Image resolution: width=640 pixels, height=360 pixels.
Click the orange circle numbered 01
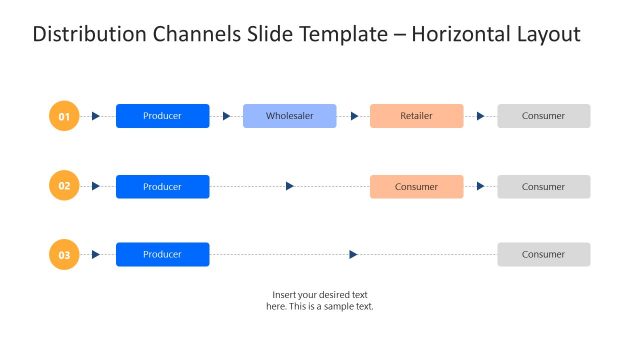pyautogui.click(x=64, y=116)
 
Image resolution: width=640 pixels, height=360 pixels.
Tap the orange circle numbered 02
pyautogui.click(x=64, y=186)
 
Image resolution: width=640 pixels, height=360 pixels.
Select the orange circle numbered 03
pyautogui.click(x=64, y=255)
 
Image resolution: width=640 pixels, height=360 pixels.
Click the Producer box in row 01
pyautogui.click(x=162, y=116)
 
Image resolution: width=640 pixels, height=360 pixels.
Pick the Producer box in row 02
pyautogui.click(x=162, y=187)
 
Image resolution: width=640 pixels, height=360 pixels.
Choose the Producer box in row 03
pyautogui.click(x=162, y=255)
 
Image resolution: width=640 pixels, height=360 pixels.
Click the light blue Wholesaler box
pyautogui.click(x=290, y=116)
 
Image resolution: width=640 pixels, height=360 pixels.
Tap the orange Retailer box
pyautogui.click(x=416, y=116)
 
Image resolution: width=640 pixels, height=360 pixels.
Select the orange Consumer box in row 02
pyautogui.click(x=416, y=187)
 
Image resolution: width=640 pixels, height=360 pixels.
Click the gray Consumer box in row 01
pyautogui.click(x=543, y=116)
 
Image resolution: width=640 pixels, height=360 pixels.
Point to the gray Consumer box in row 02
pyautogui.click(x=543, y=187)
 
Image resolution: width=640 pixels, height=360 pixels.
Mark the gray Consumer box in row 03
pyautogui.click(x=543, y=255)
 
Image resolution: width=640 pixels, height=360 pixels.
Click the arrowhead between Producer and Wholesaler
pyautogui.click(x=226, y=116)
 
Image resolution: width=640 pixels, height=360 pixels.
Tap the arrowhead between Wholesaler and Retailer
pyautogui.click(x=354, y=116)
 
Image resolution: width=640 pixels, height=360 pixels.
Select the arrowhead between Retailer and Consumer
pyautogui.click(x=480, y=116)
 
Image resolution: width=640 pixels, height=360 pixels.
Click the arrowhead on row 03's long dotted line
pyautogui.click(x=353, y=255)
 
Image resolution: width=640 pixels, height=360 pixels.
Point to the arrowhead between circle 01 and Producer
pyautogui.click(x=96, y=116)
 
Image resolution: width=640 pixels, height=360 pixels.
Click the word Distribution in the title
pyautogui.click(x=87, y=35)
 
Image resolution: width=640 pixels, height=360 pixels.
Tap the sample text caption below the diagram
pyautogui.click(x=319, y=300)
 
